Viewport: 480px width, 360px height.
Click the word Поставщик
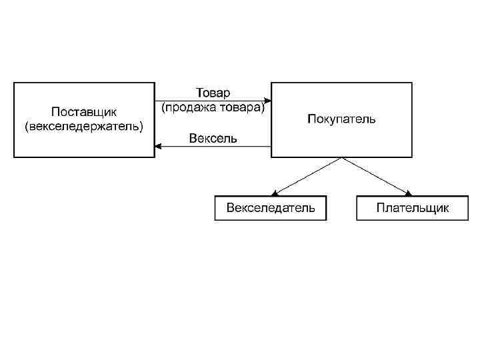84,111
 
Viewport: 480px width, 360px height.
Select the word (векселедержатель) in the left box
84,126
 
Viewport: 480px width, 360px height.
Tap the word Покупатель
341,119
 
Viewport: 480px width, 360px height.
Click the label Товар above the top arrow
213,92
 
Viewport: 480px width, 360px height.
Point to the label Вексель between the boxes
213,139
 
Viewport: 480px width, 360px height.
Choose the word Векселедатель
271,208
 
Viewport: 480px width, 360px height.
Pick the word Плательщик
413,208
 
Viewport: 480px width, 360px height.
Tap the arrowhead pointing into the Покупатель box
267,101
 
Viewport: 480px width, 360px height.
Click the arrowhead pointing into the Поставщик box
158,147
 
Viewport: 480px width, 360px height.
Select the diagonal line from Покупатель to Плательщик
375,175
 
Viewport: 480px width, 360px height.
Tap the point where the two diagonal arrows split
341,158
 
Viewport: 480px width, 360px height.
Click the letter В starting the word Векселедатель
231,208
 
